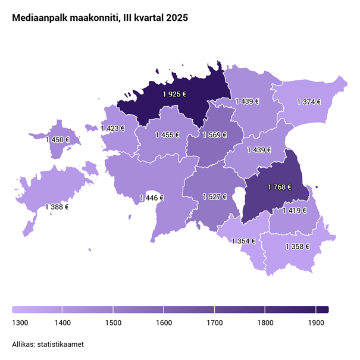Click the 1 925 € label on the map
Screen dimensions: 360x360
(174, 93)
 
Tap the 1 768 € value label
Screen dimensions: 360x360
(280, 187)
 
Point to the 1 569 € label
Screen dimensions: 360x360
(215, 135)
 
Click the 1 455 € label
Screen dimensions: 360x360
(167, 135)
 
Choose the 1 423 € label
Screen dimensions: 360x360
(112, 128)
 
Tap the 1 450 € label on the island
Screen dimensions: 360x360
(58, 140)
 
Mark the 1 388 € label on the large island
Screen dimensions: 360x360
(57, 207)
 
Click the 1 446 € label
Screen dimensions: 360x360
(151, 198)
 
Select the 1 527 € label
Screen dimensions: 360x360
(214, 196)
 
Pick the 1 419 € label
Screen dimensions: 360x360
(295, 210)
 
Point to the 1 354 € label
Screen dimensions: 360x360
(243, 241)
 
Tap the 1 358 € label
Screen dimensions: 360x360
(298, 246)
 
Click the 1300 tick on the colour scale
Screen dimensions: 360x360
(20, 323)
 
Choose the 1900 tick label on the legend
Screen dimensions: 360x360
(316, 323)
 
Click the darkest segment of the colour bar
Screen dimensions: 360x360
(322, 309)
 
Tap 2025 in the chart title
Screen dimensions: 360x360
(177, 18)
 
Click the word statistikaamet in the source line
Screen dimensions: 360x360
(62, 344)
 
